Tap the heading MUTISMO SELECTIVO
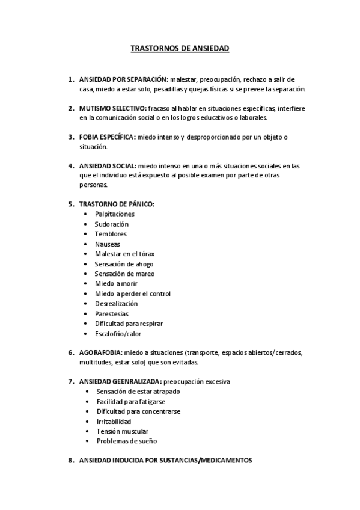112,108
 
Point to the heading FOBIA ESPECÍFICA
107,137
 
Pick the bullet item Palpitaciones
114,214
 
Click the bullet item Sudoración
112,224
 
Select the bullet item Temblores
111,234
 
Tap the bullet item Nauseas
108,244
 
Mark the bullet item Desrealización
116,304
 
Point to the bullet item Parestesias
111,314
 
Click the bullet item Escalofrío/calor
118,334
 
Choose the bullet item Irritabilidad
114,421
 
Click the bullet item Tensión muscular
122,431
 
